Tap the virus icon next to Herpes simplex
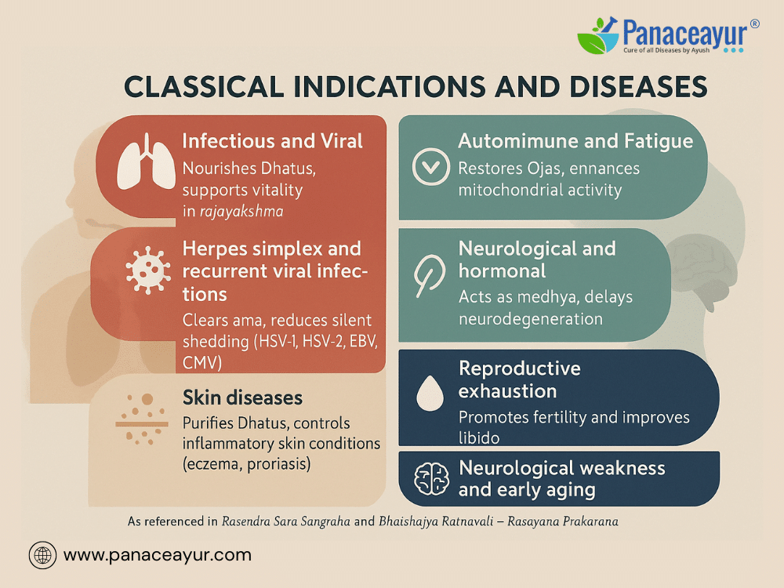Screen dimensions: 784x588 [148, 270]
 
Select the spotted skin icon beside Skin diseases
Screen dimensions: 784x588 [142, 419]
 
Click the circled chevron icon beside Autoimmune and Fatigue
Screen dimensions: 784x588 [430, 166]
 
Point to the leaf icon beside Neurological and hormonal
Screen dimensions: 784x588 [430, 276]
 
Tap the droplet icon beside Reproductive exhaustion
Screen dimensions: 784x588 [430, 393]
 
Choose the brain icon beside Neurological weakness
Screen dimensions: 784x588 [431, 478]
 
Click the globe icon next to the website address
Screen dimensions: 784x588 [42, 555]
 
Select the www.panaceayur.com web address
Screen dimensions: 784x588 [158, 555]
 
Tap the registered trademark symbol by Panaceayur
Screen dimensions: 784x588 [754, 24]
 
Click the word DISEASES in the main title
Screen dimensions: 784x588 [638, 86]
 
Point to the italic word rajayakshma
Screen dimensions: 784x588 [241, 212]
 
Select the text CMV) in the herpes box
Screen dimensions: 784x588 [202, 362]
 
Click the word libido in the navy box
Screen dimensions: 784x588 [479, 438]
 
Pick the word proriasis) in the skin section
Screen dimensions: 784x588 [278, 464]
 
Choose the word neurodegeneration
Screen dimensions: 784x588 [531, 319]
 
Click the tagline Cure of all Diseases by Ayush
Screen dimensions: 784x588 [666, 50]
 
